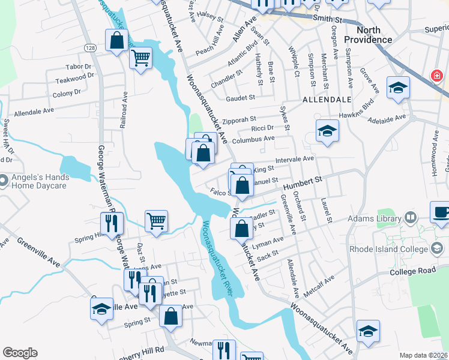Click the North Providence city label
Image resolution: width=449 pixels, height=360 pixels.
368,34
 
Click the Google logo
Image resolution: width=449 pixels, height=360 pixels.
20,352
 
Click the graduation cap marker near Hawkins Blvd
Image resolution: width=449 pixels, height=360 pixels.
397,88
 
